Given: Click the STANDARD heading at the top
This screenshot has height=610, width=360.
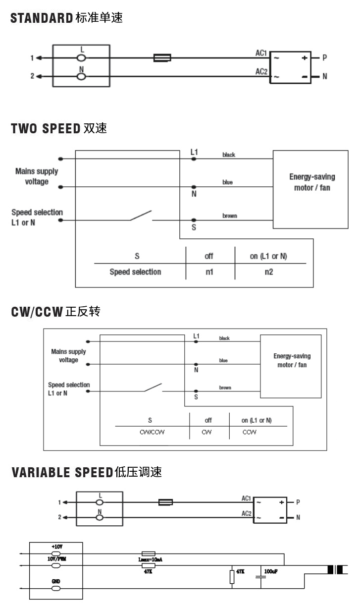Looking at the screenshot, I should (66, 19).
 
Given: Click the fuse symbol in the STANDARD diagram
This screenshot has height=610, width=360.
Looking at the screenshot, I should (162, 58).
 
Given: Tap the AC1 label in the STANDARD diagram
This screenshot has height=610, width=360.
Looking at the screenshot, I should (261, 53).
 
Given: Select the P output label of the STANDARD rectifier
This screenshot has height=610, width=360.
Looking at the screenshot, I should (325, 58).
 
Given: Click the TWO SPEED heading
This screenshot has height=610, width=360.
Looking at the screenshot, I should (59, 129).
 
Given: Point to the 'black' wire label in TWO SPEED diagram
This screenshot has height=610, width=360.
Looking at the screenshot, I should (229, 155).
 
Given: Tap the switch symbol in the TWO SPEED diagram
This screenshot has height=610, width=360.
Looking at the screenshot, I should (141, 217).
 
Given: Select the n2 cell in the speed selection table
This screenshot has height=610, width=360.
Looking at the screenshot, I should (268, 272).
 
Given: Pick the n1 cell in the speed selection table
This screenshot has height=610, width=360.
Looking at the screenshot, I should (209, 272).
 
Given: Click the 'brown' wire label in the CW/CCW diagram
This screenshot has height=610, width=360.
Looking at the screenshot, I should (225, 388).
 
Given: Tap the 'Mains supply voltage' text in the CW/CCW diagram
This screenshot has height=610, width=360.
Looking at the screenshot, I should (68, 356).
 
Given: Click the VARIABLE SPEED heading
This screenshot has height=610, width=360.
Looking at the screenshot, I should (87, 472).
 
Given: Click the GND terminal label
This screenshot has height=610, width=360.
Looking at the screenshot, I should (56, 581).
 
